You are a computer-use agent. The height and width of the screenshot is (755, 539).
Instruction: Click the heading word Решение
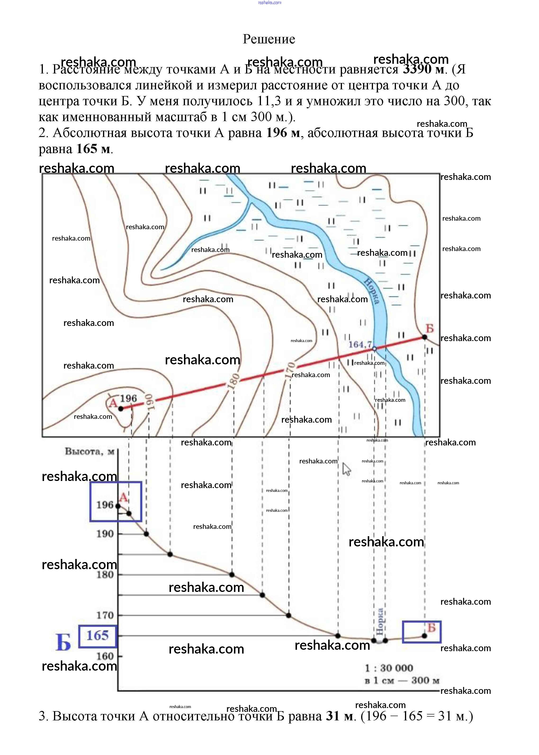269,39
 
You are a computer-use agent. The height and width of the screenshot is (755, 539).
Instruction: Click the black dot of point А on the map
121,409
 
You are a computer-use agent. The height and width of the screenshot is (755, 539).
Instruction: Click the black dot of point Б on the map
424,337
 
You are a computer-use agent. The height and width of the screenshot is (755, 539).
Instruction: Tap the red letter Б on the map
430,329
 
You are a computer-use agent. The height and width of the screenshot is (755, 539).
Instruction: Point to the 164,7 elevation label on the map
360,344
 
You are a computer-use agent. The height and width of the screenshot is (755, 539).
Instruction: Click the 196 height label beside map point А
128,398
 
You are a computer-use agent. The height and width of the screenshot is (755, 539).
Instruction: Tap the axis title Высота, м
89,451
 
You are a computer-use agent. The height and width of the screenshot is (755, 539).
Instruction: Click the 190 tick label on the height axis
105,534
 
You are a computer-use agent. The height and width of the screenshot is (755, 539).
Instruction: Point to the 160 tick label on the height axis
105,656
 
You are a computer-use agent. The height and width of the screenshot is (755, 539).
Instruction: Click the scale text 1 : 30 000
389,668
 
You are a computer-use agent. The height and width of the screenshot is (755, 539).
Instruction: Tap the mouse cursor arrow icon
346,469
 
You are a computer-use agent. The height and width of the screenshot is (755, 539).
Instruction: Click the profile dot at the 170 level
288,615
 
